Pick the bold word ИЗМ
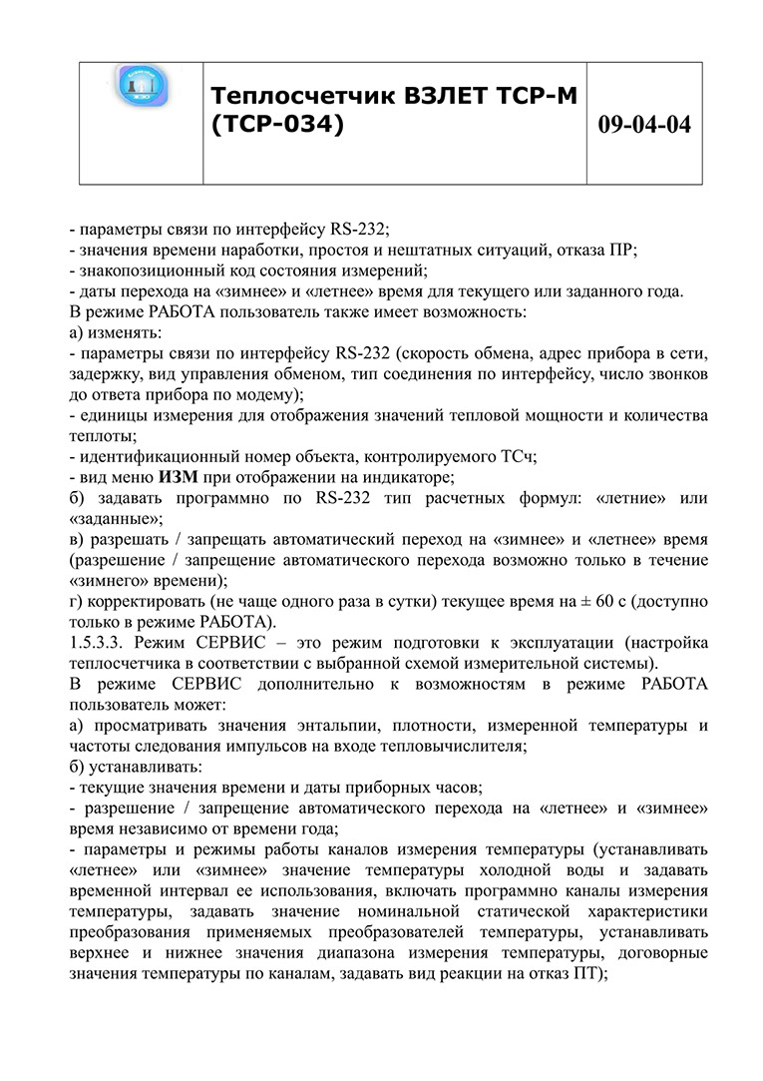pyautogui.click(x=176, y=477)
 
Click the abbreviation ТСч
pyautogui.click(x=519, y=456)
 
